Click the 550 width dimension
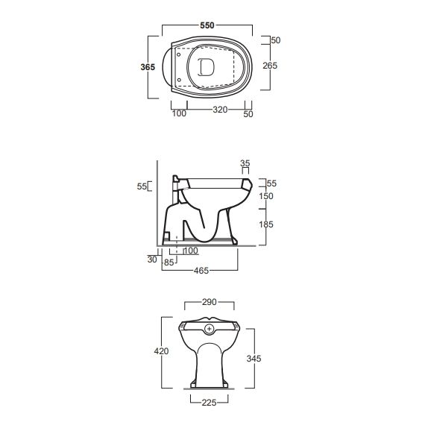207,25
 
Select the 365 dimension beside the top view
148,67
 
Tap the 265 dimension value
270,66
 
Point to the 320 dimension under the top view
220,110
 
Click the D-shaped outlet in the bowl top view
206,67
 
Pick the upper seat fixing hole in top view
179,54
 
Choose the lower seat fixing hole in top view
179,80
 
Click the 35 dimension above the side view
245,163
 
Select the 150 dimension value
266,196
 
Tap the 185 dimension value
266,224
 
